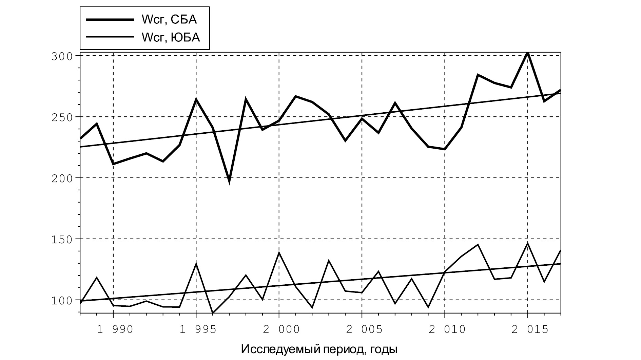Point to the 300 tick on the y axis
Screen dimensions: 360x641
point(62,56)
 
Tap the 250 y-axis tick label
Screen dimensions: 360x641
point(62,117)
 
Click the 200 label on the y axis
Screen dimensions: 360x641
point(62,178)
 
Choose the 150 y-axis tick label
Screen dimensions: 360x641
point(62,239)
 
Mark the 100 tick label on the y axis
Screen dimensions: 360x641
point(62,300)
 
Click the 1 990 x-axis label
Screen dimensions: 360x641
point(115,329)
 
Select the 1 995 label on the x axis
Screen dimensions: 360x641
point(198,329)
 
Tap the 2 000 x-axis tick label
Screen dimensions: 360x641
point(281,329)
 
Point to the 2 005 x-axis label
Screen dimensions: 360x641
point(364,329)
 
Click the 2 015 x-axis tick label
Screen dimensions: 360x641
point(530,329)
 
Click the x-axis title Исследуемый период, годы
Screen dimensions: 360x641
point(319,349)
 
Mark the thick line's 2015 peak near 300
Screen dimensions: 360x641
point(527,53)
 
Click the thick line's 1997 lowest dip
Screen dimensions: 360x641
point(230,181)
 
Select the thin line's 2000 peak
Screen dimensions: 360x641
point(279,253)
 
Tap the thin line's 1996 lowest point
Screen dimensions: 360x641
point(213,312)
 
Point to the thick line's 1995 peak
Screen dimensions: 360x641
point(196,99)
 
